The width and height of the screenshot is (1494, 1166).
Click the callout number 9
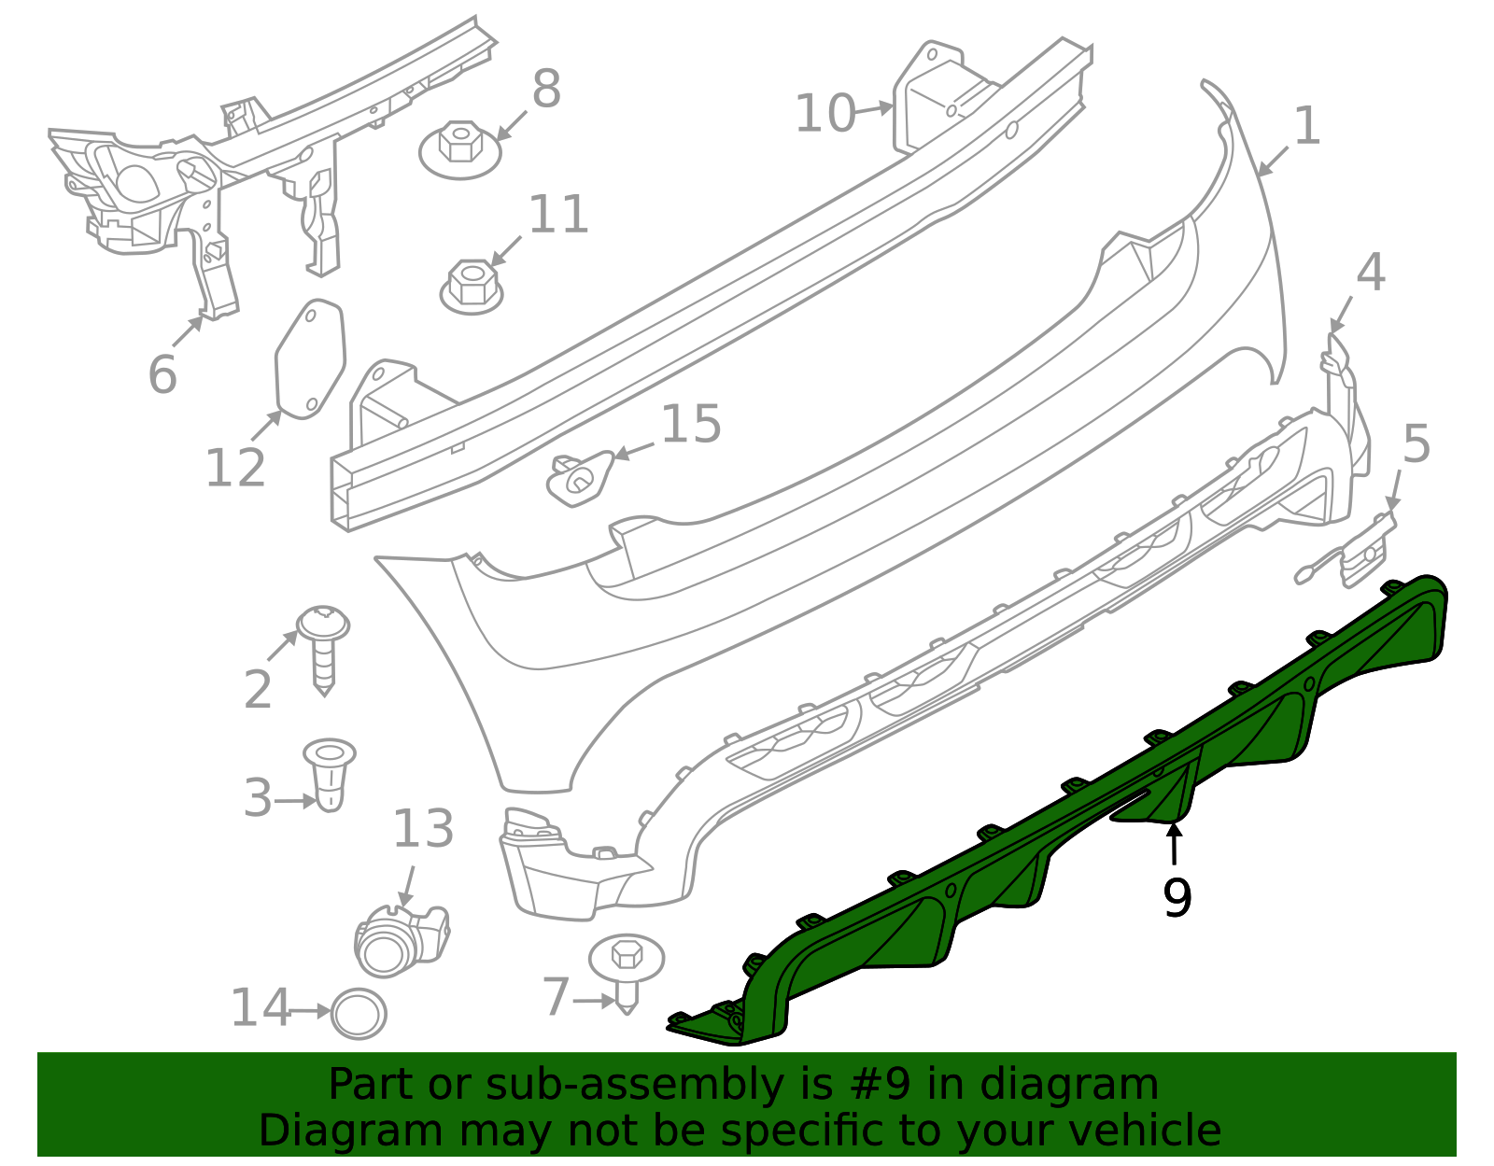point(1177,897)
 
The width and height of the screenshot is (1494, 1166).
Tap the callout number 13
point(423,828)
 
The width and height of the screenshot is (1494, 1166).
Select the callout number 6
point(162,374)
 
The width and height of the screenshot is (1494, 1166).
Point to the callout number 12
point(235,468)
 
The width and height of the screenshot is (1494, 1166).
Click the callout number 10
point(825,114)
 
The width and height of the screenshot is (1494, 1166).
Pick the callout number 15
point(691,424)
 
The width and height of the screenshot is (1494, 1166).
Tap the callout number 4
point(1370,273)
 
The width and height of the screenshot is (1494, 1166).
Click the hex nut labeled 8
point(459,149)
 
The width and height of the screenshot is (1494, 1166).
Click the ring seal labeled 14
point(359,1013)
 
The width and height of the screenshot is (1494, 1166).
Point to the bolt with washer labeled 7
point(626,971)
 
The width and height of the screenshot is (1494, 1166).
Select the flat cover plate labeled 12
point(310,359)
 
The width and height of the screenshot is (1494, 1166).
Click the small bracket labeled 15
point(579,475)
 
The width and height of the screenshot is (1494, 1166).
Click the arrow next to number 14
point(309,1010)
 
